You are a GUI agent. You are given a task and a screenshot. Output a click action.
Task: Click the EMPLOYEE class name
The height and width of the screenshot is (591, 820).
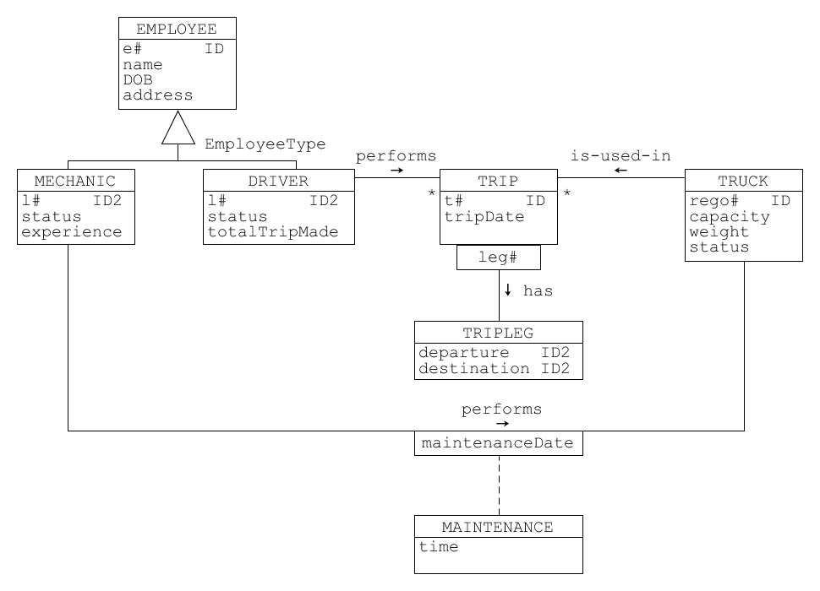[x=177, y=29]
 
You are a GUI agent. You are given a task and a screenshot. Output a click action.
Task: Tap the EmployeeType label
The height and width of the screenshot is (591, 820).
[x=265, y=144]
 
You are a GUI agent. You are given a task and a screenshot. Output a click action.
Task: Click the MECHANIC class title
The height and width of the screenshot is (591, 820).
[x=75, y=181]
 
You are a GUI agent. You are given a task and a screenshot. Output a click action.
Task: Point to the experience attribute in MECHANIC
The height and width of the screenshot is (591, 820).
[x=72, y=232]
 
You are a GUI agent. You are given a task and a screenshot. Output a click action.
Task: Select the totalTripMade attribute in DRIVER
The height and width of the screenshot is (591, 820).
[x=273, y=232]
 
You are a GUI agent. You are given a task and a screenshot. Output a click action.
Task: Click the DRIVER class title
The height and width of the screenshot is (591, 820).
[x=278, y=181]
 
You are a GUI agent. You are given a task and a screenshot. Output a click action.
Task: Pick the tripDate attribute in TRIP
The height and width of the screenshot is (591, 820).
[x=484, y=216]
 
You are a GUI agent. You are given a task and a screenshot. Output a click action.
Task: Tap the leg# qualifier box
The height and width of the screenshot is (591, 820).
[x=498, y=258]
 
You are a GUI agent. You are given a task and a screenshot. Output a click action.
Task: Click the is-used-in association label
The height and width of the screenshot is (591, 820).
[x=620, y=155]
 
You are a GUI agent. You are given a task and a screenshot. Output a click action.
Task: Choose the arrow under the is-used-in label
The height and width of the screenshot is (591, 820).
[x=620, y=171]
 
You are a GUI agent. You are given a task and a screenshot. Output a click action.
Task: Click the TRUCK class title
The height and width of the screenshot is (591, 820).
[x=743, y=181]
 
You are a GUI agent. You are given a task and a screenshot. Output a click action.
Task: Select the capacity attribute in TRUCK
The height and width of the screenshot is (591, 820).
[x=730, y=216]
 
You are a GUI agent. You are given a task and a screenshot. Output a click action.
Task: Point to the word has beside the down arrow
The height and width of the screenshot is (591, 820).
[x=538, y=290]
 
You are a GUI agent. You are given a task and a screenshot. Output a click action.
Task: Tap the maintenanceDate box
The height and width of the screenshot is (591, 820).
[x=498, y=443]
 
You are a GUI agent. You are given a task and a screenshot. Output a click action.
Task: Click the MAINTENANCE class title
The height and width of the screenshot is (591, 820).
[x=498, y=527]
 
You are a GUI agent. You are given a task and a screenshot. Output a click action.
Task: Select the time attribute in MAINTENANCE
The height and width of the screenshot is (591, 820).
[x=439, y=547]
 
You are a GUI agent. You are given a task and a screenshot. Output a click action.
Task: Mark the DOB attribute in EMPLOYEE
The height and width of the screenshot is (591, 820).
[x=138, y=80]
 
